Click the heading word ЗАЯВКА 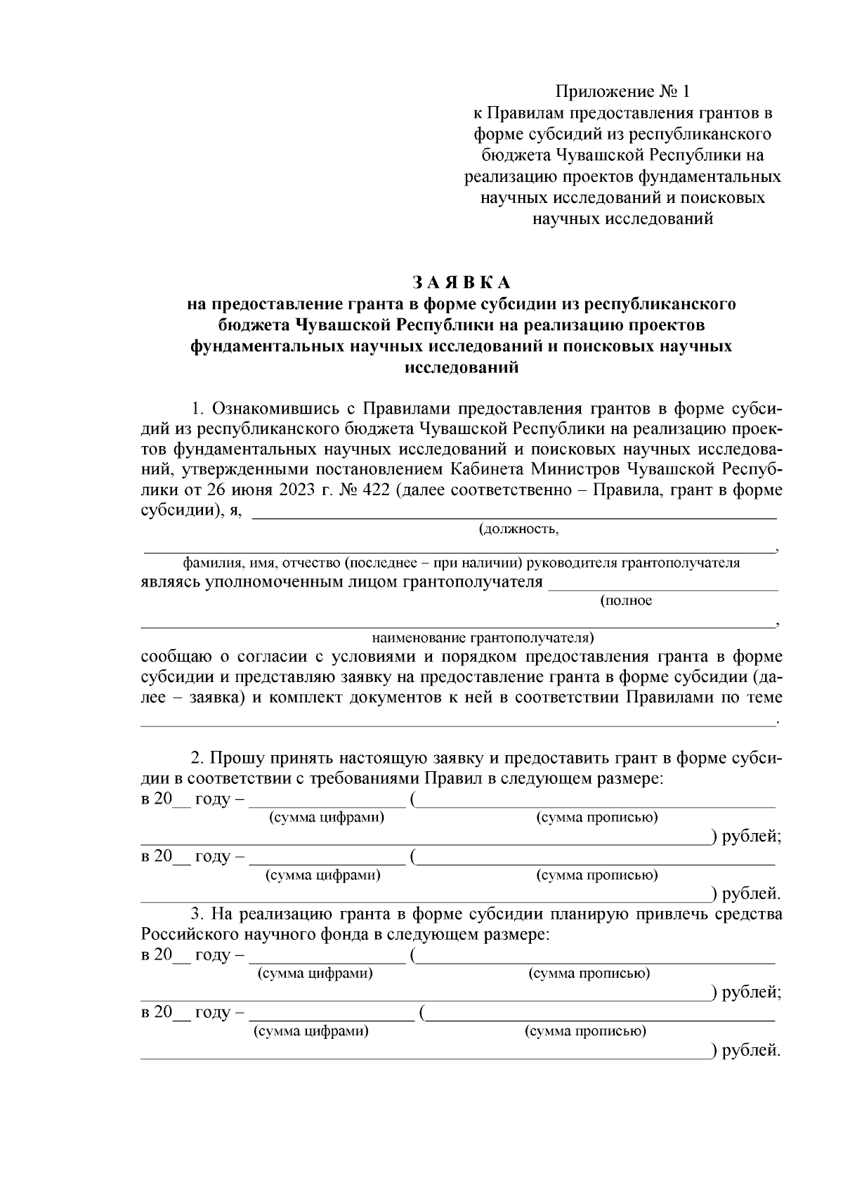[462, 282]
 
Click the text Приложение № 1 [623, 92]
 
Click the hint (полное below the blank [627, 601]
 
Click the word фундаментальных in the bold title [268, 346]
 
